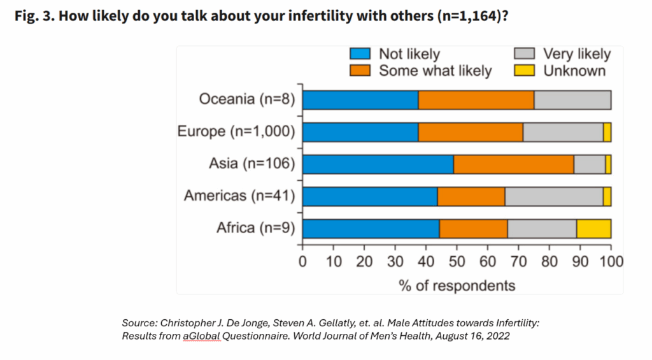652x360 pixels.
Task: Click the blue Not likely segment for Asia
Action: [378, 164]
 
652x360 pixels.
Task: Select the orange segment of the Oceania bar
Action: [476, 100]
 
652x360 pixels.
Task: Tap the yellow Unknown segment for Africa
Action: [593, 228]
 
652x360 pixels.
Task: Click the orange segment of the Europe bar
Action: [471, 132]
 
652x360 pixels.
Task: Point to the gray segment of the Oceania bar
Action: [572, 100]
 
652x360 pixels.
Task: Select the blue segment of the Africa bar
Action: [371, 228]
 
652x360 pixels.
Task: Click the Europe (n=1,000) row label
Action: [236, 132]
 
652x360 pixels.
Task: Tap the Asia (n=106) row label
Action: [252, 164]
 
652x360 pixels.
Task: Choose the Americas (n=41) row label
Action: [239, 196]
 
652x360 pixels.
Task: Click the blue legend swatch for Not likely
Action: [360, 54]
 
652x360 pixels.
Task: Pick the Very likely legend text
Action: [576, 54]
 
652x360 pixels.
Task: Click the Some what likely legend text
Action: [435, 71]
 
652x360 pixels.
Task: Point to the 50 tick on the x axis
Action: [457, 261]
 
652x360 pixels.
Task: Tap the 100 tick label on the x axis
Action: [611, 261]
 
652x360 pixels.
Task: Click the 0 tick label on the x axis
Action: [302, 261]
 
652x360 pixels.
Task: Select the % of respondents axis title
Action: [457, 285]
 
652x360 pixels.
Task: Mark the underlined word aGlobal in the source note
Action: [202, 336]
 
